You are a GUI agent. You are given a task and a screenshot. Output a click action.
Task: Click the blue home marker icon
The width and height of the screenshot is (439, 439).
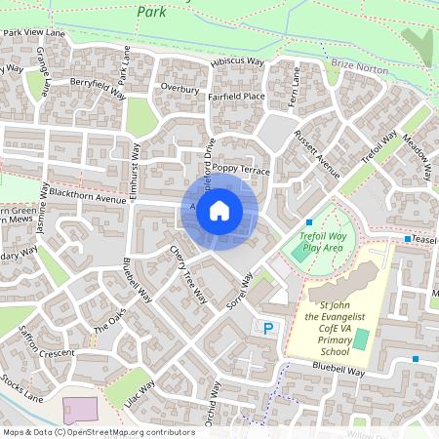pyautogui.click(x=219, y=211)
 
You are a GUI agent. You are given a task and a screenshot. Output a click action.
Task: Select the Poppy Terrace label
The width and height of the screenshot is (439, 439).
pyautogui.click(x=239, y=169)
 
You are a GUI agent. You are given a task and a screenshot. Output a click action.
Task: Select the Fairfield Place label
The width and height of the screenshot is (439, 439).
pyautogui.click(x=236, y=97)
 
